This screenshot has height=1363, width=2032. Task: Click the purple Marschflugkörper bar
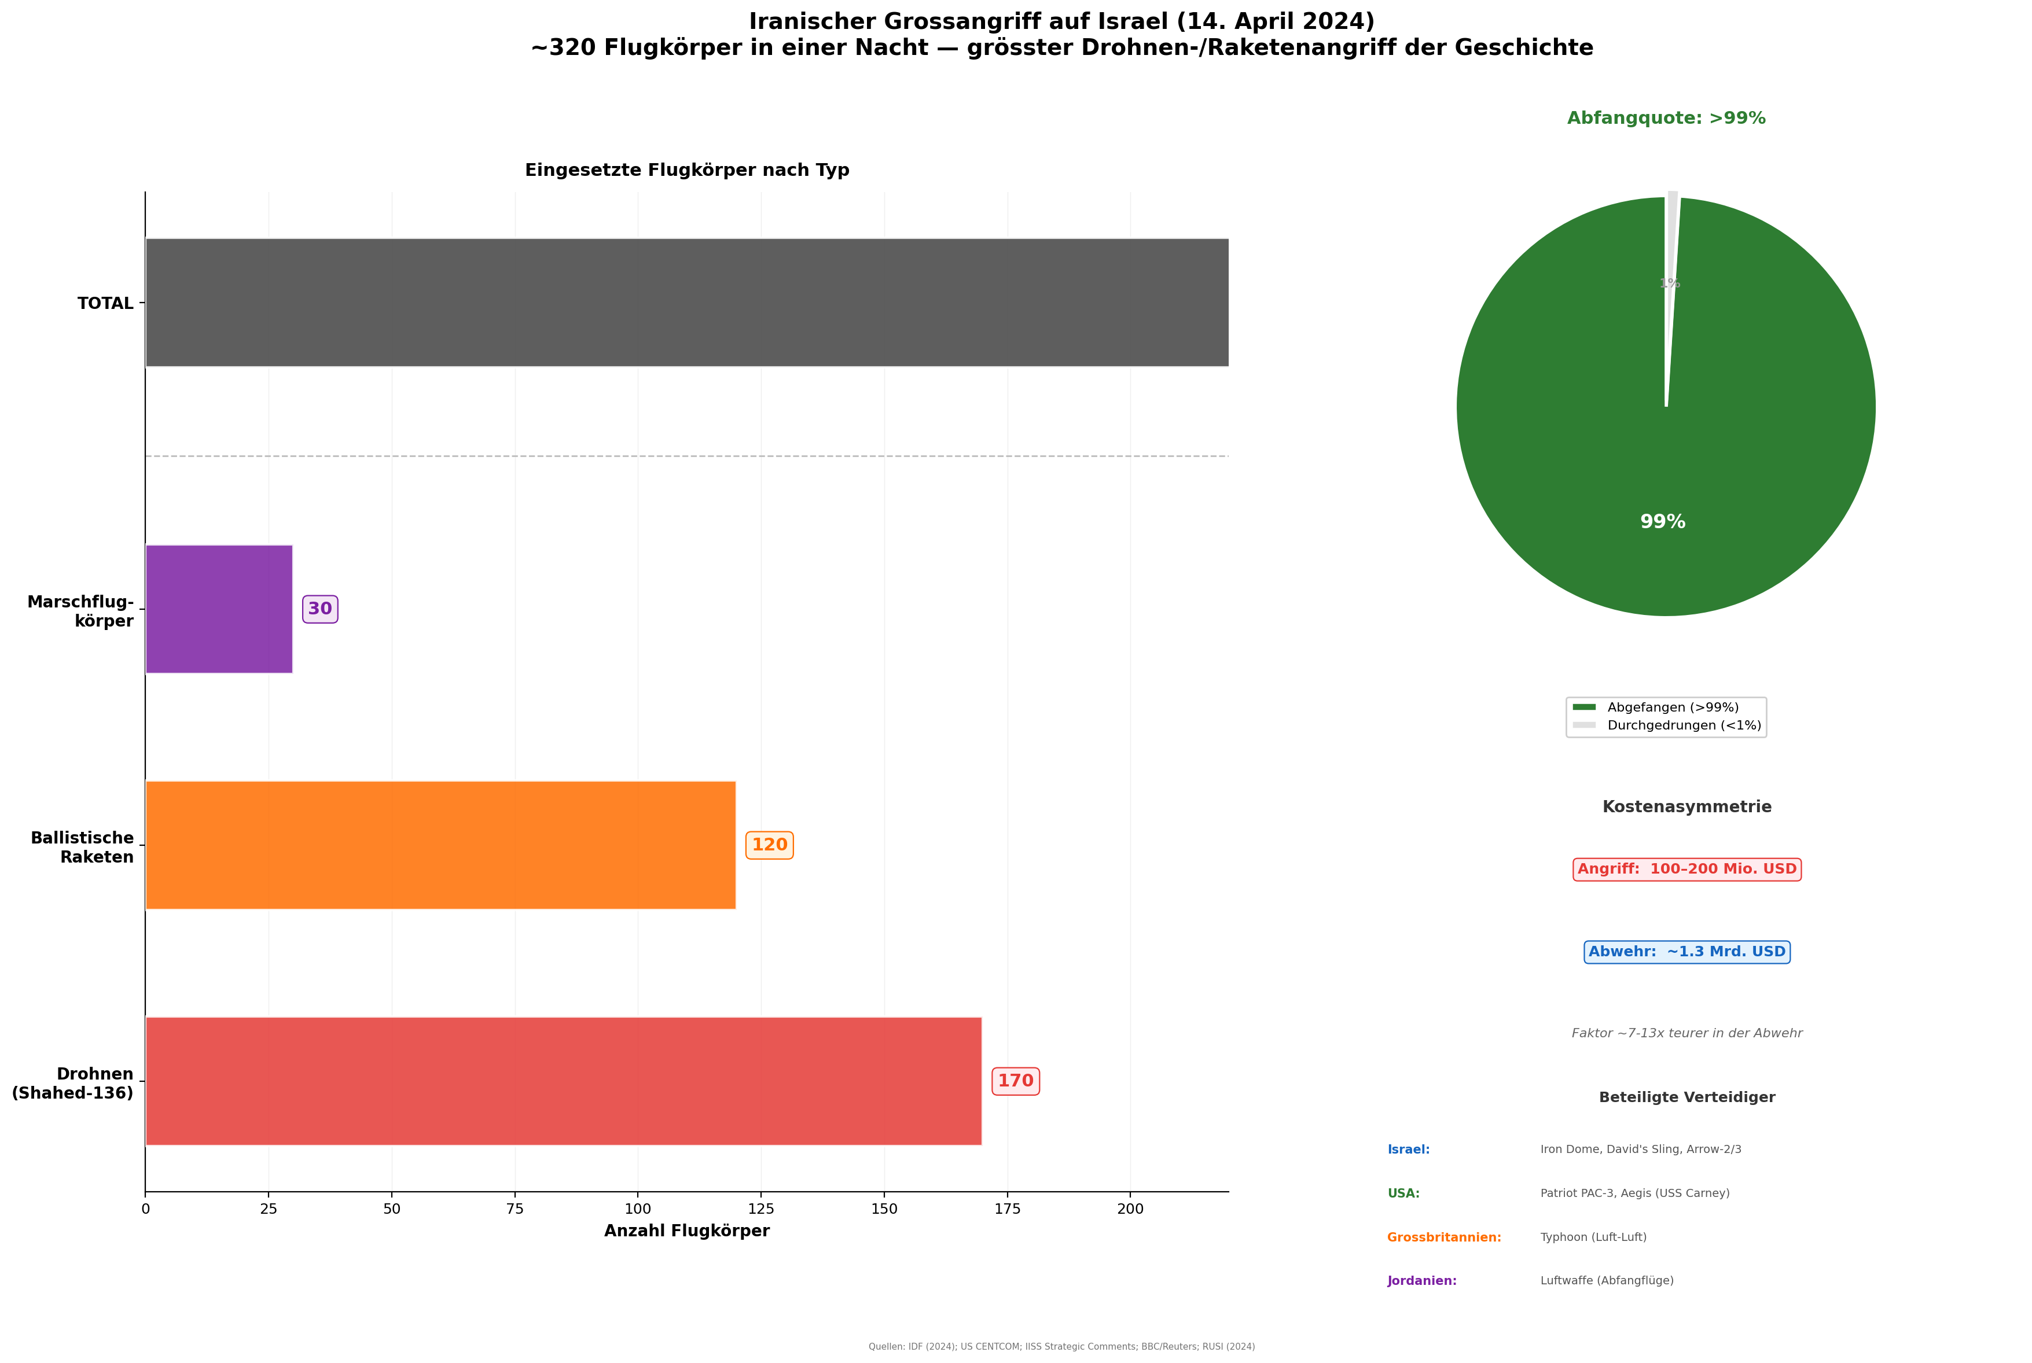coord(218,609)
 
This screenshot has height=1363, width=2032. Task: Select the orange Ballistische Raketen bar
coord(440,845)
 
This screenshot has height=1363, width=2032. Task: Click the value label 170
coord(1015,1081)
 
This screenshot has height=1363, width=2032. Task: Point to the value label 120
coord(769,845)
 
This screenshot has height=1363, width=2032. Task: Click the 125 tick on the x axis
coord(761,1209)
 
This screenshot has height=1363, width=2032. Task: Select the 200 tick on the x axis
coord(1130,1209)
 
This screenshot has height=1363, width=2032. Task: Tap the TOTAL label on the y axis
coord(105,303)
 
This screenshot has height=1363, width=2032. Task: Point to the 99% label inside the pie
coord(1662,522)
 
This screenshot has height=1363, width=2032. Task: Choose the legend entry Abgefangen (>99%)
coord(1672,708)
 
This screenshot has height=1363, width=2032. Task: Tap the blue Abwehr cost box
coord(1686,952)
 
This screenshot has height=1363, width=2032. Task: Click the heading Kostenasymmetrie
coord(1686,806)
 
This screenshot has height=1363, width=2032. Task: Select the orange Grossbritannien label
coord(1443,1237)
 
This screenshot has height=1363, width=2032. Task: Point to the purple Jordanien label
coord(1421,1280)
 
